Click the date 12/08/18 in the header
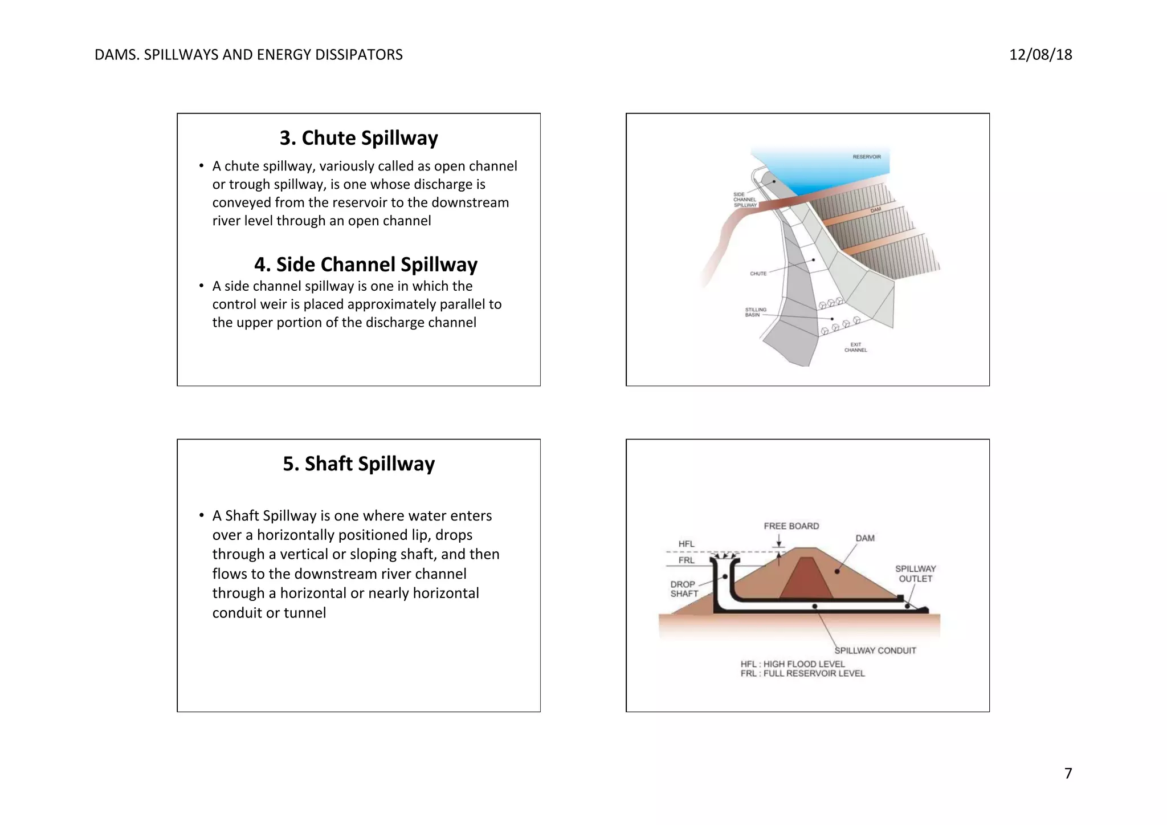click(x=1040, y=55)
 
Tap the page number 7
click(x=1068, y=773)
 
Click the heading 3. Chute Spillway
click(x=358, y=138)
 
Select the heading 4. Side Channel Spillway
click(x=365, y=265)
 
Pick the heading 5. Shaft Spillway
click(x=358, y=464)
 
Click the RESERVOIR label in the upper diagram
click(x=866, y=157)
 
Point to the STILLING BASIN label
click(x=756, y=312)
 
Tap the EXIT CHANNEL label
click(x=855, y=347)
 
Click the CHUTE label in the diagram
click(x=758, y=274)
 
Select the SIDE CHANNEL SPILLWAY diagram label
click(x=745, y=200)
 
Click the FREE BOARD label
click(x=791, y=526)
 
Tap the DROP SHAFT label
click(x=683, y=589)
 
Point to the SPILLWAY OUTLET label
click(x=915, y=574)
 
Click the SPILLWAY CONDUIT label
click(x=875, y=651)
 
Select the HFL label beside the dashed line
click(x=686, y=544)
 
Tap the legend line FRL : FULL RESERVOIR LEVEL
click(x=802, y=673)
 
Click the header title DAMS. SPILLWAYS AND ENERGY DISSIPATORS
click(x=248, y=55)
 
